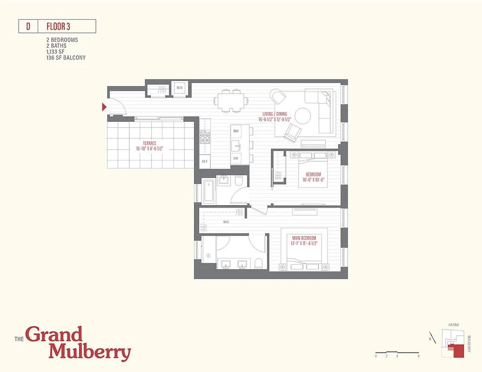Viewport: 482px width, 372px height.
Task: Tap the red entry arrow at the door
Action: click(105, 108)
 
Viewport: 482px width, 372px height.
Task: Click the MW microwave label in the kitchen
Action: click(236, 132)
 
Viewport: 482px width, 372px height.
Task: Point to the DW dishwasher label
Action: click(236, 158)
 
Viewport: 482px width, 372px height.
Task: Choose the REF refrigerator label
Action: click(204, 162)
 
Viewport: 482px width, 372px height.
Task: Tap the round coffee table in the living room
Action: click(302, 116)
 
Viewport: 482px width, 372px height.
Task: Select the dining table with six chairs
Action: click(230, 101)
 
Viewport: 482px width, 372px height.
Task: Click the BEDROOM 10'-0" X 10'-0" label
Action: click(310, 177)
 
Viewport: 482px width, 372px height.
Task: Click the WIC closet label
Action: click(226, 222)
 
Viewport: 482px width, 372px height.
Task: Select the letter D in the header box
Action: click(28, 27)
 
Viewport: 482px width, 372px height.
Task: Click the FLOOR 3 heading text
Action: click(58, 27)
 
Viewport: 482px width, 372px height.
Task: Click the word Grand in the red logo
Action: click(54, 335)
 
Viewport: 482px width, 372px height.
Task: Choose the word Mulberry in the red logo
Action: click(90, 352)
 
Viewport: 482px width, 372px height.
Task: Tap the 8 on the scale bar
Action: click(419, 356)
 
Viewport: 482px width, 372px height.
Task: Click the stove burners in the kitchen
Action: click(204, 138)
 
